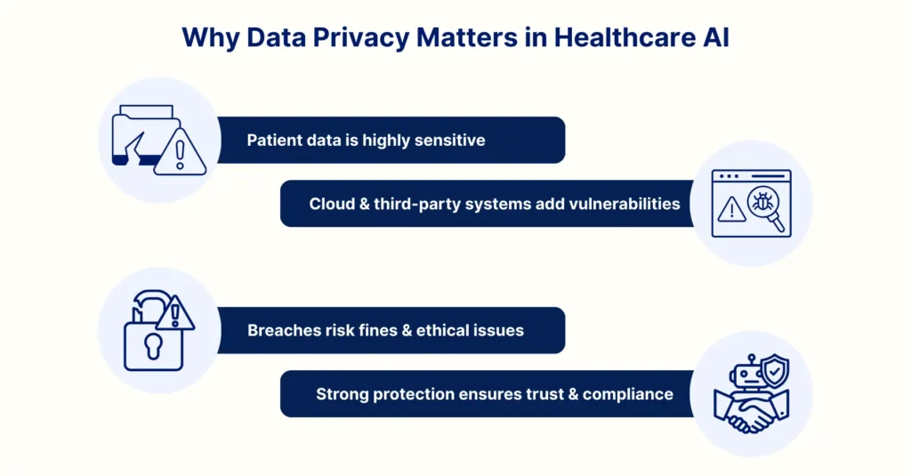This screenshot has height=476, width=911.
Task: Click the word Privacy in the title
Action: pos(361,38)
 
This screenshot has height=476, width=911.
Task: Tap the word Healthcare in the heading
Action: pos(625,37)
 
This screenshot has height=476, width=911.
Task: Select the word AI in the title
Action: pos(716,37)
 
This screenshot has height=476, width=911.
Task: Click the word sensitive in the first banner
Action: pos(449,140)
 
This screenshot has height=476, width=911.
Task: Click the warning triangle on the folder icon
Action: pos(180,154)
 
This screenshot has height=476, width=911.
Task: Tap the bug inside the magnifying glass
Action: pos(762,202)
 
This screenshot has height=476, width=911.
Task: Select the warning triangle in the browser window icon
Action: pos(731,210)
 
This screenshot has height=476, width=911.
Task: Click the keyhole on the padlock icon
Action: pos(153,345)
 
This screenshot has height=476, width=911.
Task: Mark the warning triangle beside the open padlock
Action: pos(175,314)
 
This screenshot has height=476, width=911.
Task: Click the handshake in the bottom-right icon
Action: pos(751,411)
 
